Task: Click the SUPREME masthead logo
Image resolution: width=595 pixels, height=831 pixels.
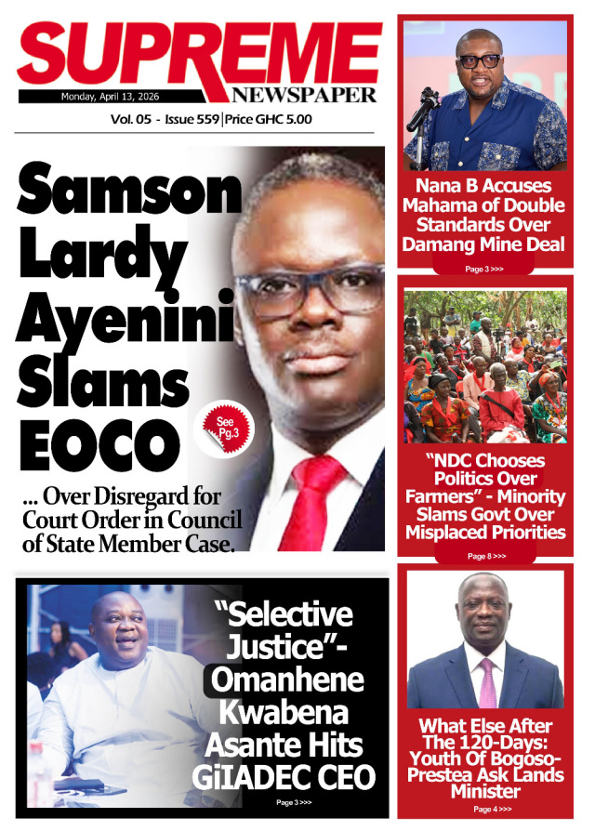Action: click(198, 53)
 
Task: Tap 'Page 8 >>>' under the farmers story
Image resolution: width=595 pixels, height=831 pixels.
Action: click(485, 556)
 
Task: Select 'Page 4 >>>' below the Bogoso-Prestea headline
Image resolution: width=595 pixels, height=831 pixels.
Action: click(485, 809)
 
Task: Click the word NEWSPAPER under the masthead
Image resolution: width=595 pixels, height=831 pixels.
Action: click(305, 95)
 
